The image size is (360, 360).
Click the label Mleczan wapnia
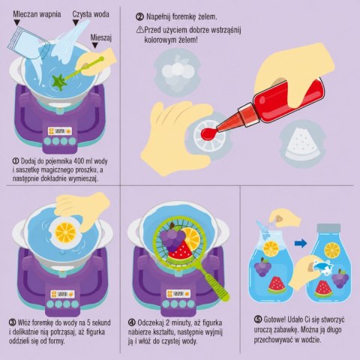tap(37, 14)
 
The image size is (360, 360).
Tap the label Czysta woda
tap(91, 14)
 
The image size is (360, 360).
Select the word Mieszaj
tap(100, 38)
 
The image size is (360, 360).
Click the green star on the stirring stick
tap(58, 81)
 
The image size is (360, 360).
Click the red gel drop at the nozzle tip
tap(208, 133)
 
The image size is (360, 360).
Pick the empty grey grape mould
tap(177, 72)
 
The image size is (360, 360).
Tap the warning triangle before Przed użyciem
tap(139, 31)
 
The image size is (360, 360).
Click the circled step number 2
tap(139, 17)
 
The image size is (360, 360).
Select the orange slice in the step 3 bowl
tap(65, 232)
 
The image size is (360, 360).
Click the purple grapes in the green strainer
tap(172, 238)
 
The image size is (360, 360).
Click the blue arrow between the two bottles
tap(301, 243)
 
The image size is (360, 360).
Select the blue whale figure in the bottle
tap(322, 268)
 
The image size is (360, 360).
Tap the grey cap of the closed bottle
tap(328, 229)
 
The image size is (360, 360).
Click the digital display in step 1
tap(60, 131)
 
